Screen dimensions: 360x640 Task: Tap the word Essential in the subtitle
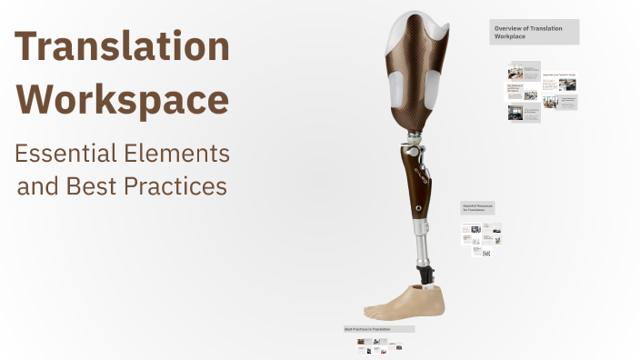pos(64,153)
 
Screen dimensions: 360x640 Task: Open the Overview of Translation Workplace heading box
pos(534,32)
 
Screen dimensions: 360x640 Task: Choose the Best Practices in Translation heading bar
pos(378,328)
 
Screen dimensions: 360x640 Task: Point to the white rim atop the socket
pos(418,27)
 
